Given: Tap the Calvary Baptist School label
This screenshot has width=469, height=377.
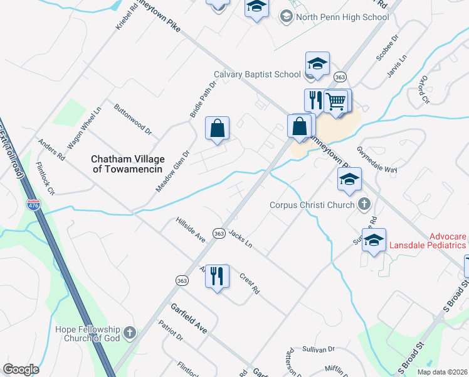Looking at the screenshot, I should [x=257, y=74].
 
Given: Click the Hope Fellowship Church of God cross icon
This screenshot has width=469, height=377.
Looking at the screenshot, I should [x=130, y=332].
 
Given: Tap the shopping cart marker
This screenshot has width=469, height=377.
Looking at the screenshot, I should [x=337, y=101].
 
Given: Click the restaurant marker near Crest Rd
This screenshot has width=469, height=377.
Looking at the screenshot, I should [x=217, y=276].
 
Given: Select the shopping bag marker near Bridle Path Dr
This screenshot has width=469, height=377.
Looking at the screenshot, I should [x=217, y=129].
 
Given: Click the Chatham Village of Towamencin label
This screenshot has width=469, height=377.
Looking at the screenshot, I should [x=127, y=164].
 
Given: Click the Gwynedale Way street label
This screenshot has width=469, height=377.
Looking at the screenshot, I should [x=377, y=160].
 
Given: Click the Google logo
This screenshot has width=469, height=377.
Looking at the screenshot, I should [x=21, y=369].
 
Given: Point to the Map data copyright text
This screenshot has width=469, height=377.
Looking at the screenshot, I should [x=443, y=372].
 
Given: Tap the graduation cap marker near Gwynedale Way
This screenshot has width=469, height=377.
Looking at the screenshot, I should [x=349, y=179].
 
